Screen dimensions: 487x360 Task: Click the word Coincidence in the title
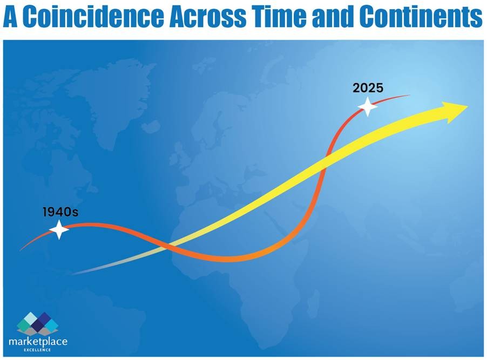pyautogui.click(x=93, y=16)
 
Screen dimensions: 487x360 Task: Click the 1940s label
pyautogui.click(x=60, y=212)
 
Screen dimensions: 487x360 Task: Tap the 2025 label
pyautogui.click(x=368, y=88)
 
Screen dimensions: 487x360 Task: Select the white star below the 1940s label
pyautogui.click(x=59, y=229)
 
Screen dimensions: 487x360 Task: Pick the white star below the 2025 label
pyautogui.click(x=368, y=107)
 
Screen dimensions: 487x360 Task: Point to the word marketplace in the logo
pyautogui.click(x=38, y=342)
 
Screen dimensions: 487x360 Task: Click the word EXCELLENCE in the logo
pyautogui.click(x=37, y=350)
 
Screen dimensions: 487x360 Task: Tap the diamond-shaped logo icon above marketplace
pyautogui.click(x=38, y=324)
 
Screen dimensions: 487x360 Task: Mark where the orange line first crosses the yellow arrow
pyautogui.click(x=168, y=246)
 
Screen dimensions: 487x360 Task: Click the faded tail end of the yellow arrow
pyautogui.click(x=73, y=274)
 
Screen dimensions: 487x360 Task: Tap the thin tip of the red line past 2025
pyautogui.click(x=409, y=95)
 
